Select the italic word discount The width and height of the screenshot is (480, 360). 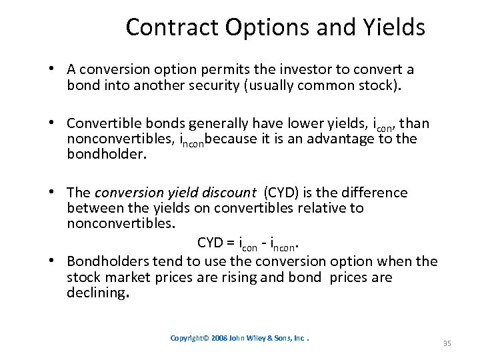pos(229,193)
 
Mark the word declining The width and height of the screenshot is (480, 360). pos(97,293)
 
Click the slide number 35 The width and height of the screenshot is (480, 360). pos(447,343)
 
